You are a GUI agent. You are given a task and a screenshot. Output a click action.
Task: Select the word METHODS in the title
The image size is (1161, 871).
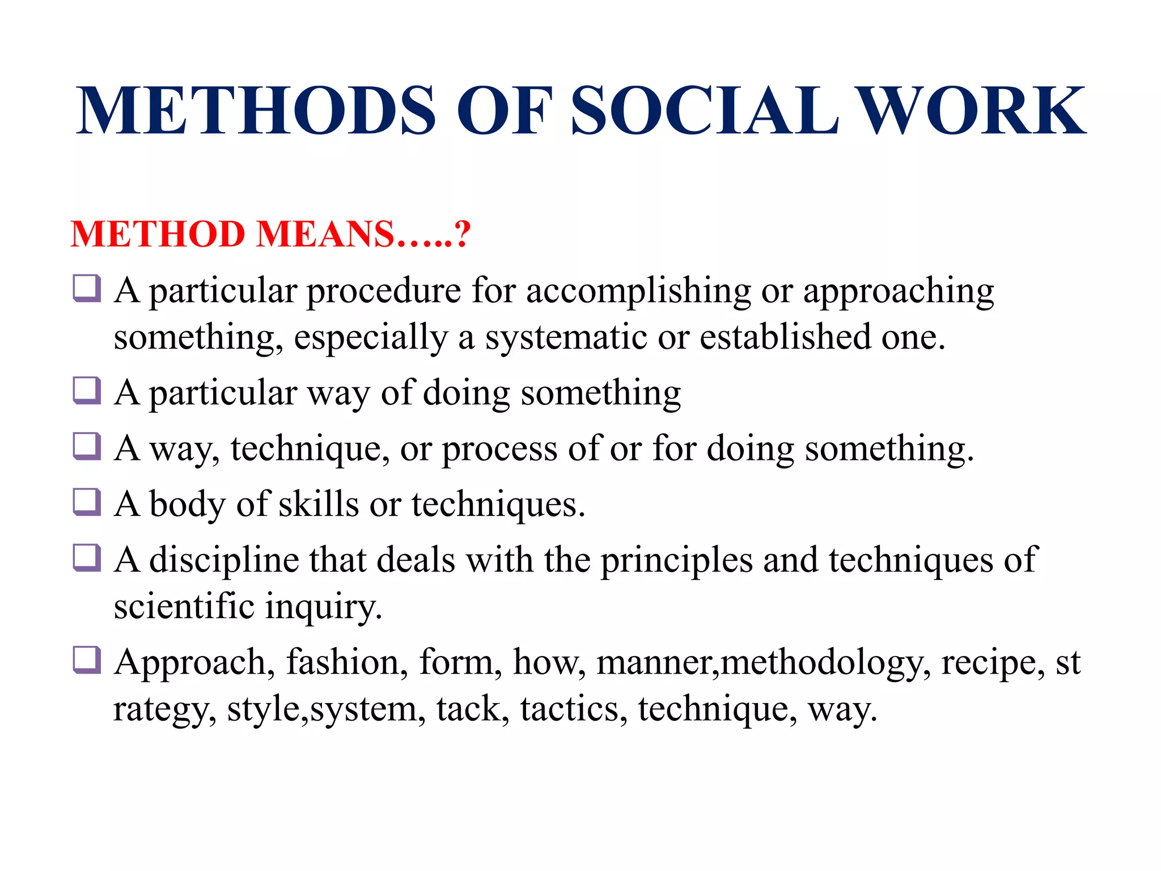pos(256,111)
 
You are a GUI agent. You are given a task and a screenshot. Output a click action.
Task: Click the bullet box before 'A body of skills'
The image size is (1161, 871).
pos(87,502)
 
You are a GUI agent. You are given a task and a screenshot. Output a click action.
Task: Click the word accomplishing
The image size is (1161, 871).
pos(638,291)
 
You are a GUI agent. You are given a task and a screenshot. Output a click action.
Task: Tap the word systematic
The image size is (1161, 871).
pos(566,337)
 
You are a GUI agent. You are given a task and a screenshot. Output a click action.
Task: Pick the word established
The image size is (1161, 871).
pos(785,337)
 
